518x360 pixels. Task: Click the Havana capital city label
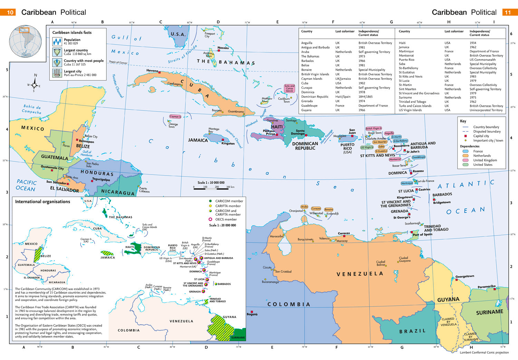click(152, 70)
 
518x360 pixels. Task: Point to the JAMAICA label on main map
click(198, 140)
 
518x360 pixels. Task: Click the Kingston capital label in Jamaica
click(228, 143)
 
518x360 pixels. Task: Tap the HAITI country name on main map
click(277, 127)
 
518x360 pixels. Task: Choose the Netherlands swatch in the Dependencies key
click(466, 156)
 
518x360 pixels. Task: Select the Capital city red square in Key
click(466, 136)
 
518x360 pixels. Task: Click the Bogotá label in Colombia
click(252, 314)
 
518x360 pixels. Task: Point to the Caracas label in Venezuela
click(344, 233)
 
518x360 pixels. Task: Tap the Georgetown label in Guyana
click(464, 276)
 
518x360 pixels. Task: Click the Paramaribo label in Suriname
click(487, 286)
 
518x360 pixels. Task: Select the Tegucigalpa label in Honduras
click(101, 179)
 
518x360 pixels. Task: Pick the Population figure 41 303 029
click(71, 44)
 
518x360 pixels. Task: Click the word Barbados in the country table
click(307, 61)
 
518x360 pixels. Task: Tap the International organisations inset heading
click(42, 202)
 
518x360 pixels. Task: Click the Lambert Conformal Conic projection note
click(484, 352)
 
